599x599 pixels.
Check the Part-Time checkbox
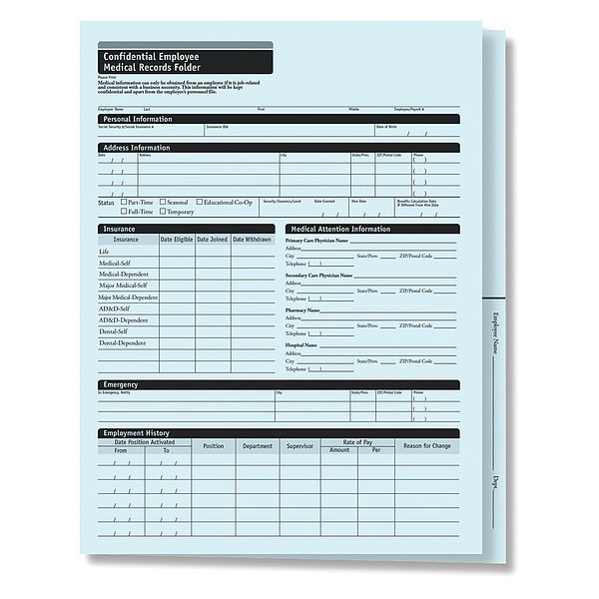tap(123, 202)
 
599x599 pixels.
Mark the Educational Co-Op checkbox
tap(200, 202)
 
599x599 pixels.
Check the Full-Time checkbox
tap(123, 212)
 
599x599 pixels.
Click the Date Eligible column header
tap(177, 240)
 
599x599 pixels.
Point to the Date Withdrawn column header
tap(252, 240)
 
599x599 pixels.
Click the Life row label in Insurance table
tap(104, 252)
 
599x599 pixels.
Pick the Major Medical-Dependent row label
tap(128, 298)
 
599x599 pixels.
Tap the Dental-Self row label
tap(113, 331)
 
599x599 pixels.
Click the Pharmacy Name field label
tap(302, 309)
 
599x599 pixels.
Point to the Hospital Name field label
tap(301, 344)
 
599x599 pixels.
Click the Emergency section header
tap(121, 384)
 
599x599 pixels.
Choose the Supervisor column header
tap(300, 446)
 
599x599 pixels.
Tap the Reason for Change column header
tap(426, 446)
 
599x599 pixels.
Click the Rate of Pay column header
tap(357, 442)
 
